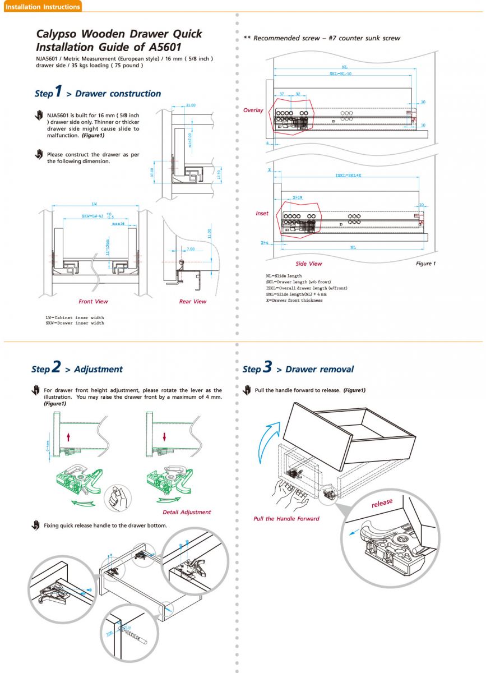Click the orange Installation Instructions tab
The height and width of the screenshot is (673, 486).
click(x=42, y=7)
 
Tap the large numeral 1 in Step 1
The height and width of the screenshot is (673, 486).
click(x=58, y=91)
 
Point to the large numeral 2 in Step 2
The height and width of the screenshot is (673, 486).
click(x=55, y=367)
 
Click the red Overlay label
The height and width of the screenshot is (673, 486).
click(x=253, y=110)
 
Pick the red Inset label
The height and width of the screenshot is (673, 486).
click(x=262, y=213)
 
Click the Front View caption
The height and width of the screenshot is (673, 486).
click(x=93, y=301)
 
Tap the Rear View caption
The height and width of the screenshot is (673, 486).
click(x=192, y=301)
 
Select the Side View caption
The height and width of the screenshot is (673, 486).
click(x=309, y=264)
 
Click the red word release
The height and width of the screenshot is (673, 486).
click(x=382, y=503)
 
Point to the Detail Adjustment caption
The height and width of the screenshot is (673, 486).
click(x=187, y=512)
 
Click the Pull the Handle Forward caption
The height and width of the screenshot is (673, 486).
click(x=286, y=519)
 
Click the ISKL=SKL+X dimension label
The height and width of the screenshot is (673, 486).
click(x=348, y=175)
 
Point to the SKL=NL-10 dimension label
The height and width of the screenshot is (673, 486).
click(x=340, y=73)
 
